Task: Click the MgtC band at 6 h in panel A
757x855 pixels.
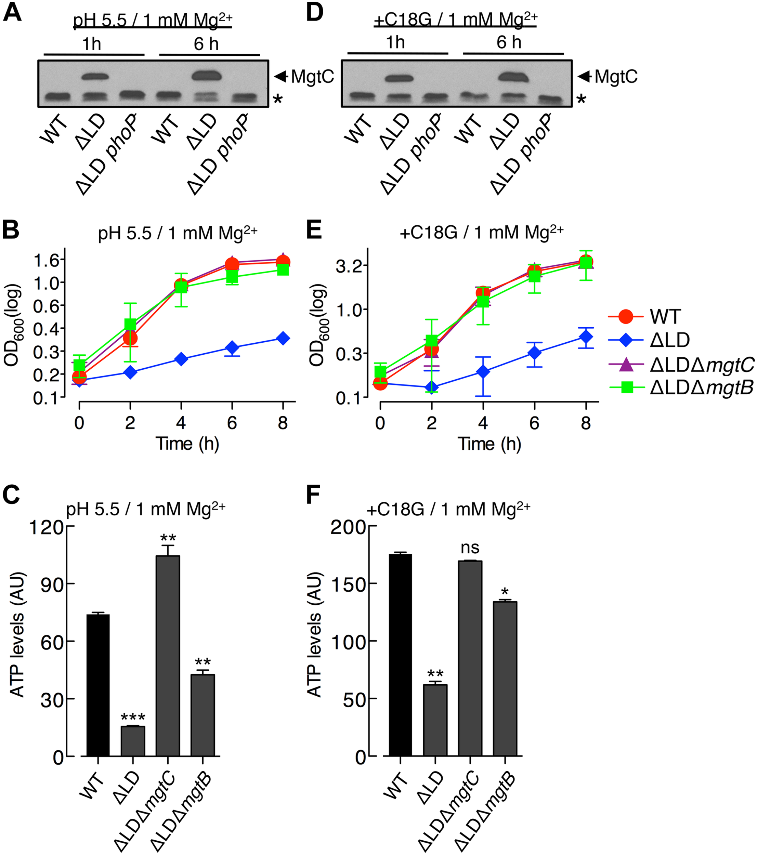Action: point(206,76)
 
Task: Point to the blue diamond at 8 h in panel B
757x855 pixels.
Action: point(283,338)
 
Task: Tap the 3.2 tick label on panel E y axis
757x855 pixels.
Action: point(348,266)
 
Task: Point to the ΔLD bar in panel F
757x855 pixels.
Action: point(435,720)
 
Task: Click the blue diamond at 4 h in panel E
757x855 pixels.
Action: point(483,371)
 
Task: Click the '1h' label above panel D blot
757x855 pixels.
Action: point(395,42)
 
